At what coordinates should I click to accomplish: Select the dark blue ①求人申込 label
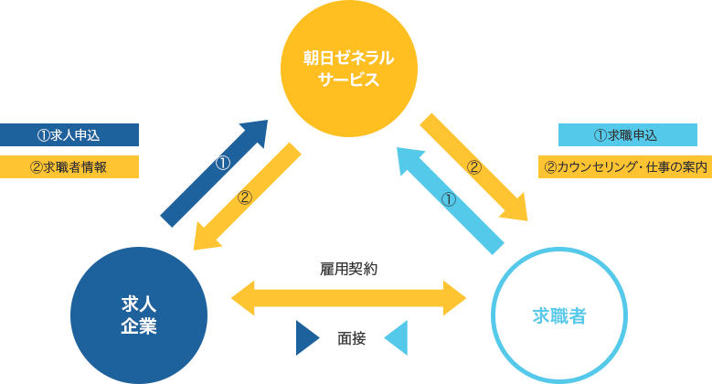pyautogui.click(x=69, y=134)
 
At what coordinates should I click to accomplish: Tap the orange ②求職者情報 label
pyautogui.click(x=69, y=166)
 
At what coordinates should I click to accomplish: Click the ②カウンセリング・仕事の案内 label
pyautogui.click(x=625, y=167)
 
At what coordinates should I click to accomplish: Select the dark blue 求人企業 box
pyautogui.click(x=139, y=314)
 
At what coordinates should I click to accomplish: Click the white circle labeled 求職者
pyautogui.click(x=559, y=316)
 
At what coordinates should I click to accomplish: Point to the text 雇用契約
pyautogui.click(x=348, y=269)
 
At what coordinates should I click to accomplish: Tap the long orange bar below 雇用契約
pyautogui.click(x=348, y=298)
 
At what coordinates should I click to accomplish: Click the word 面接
pyautogui.click(x=351, y=338)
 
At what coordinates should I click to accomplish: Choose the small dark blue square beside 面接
pyautogui.click(x=308, y=337)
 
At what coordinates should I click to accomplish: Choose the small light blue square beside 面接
pyautogui.click(x=395, y=337)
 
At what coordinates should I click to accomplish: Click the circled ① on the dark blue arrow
pyautogui.click(x=222, y=165)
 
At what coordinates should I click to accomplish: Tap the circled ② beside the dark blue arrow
pyautogui.click(x=244, y=197)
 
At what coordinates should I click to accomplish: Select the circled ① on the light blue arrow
pyautogui.click(x=448, y=199)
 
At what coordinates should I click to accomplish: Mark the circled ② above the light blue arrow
pyautogui.click(x=473, y=167)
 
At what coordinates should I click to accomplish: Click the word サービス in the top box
pyautogui.click(x=348, y=79)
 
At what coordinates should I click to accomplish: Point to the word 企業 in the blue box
pyautogui.click(x=139, y=325)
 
